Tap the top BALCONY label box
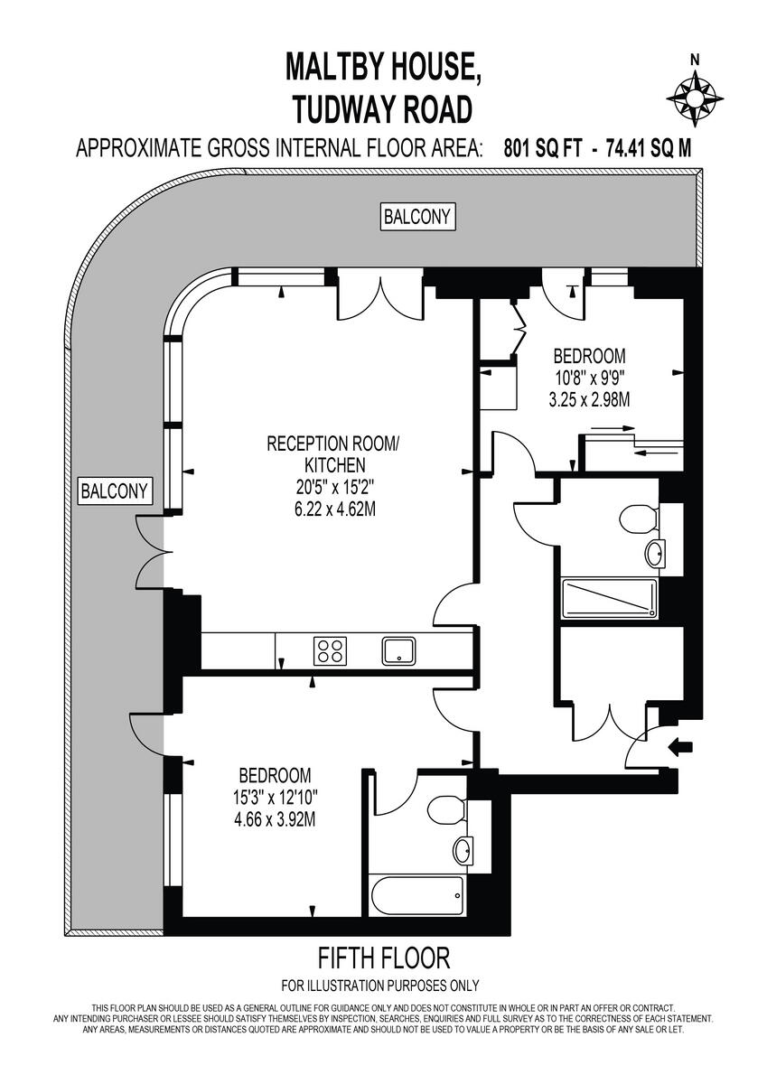(418, 217)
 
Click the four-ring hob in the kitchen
(330, 650)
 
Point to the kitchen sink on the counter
(398, 650)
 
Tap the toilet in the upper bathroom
(633, 520)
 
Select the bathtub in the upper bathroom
(610, 597)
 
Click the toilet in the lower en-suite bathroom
(445, 809)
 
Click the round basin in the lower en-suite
(464, 849)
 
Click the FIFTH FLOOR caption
(383, 958)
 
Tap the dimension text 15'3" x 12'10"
(275, 798)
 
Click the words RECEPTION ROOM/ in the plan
(332, 444)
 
